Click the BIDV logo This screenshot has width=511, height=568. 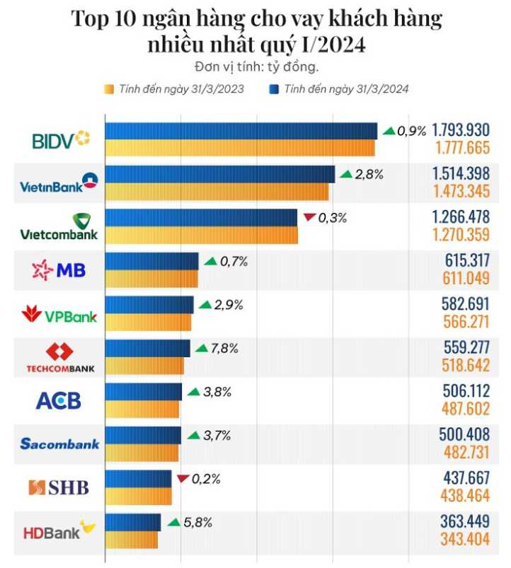tap(62, 139)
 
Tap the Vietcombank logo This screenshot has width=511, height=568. tap(59, 226)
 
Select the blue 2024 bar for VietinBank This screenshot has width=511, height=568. tap(220, 174)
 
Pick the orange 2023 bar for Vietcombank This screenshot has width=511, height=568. tap(202, 235)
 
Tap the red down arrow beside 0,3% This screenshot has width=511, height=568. tap(309, 218)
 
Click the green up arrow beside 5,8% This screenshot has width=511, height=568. tap(173, 523)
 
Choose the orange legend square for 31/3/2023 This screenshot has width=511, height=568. tap(109, 90)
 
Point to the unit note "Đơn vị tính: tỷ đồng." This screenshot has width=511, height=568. tap(255, 67)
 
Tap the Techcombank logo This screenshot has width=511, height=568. tap(60, 358)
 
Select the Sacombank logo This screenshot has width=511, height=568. tap(60, 444)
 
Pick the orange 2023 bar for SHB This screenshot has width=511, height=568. tap(139, 496)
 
